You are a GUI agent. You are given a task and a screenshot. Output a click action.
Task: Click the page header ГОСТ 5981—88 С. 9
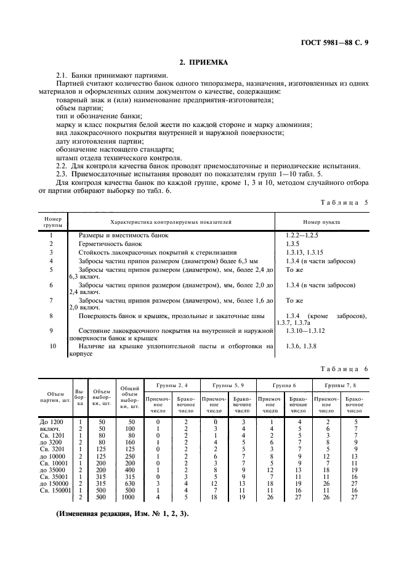(339, 43)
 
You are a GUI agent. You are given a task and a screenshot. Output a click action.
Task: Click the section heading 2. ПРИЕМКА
(203, 62)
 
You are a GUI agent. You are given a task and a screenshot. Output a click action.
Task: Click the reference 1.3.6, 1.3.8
(301, 347)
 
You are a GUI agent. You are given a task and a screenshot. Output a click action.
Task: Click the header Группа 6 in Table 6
(284, 384)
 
